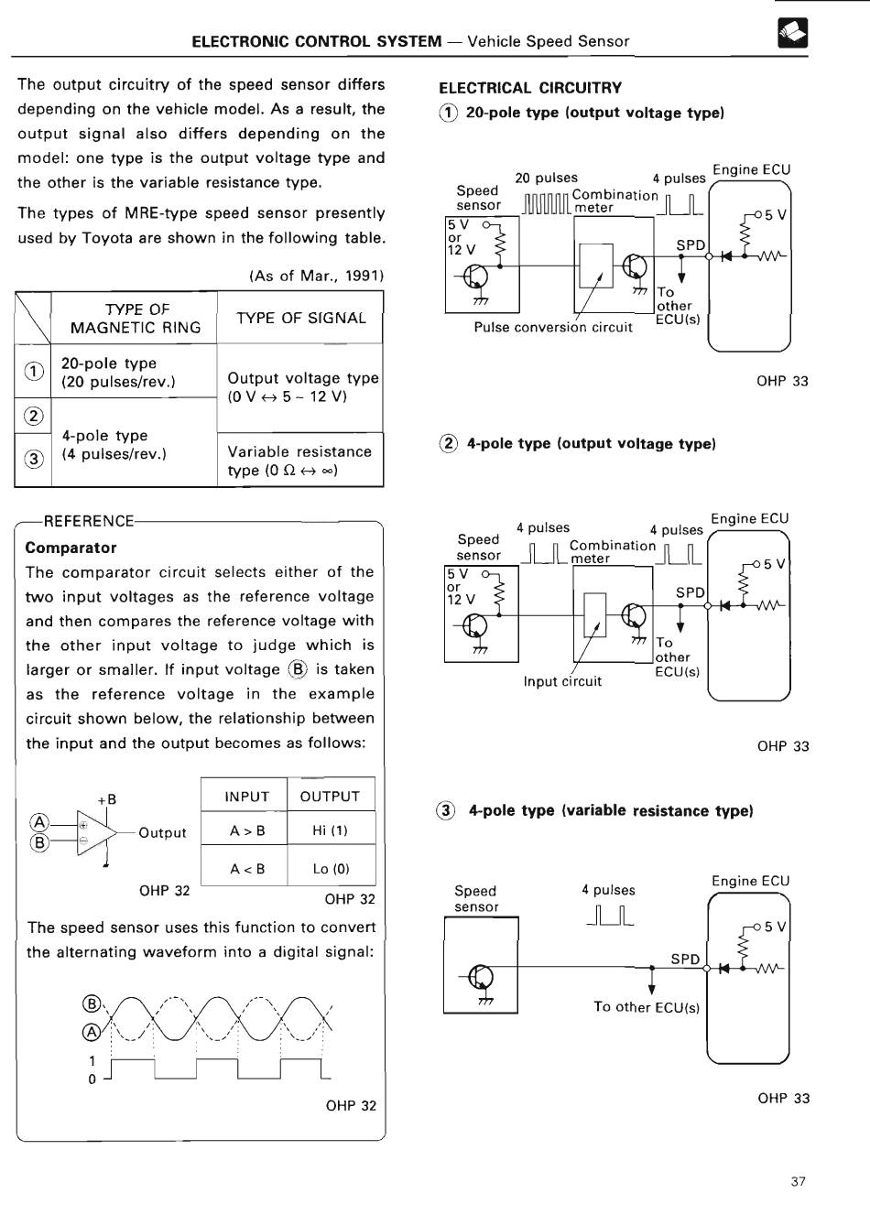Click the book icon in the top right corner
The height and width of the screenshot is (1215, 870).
coord(792,33)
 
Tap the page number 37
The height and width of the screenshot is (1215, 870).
coord(798,1181)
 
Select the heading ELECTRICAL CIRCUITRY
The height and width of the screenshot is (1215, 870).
coord(530,88)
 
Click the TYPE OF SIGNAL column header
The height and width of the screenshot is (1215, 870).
coord(301,318)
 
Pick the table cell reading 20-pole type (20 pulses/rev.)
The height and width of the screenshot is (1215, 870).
coord(118,372)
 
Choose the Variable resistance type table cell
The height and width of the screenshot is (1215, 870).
coord(299,461)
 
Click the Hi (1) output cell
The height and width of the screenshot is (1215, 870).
coord(330,830)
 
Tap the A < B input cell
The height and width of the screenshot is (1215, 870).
coord(247,869)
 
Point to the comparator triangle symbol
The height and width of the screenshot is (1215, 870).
coord(96,832)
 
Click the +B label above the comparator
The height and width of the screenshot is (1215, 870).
coord(107,799)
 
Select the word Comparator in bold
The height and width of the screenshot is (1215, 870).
coord(71,548)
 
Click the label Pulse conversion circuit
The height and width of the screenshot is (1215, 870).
coord(553,327)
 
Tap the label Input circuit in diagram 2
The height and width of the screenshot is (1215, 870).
coord(562,681)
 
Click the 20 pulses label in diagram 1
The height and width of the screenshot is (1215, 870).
coord(546,178)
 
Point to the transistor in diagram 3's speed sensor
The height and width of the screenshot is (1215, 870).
coord(480,977)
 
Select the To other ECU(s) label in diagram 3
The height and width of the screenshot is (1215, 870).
coord(647,1007)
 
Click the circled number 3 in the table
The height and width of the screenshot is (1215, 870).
coord(34,460)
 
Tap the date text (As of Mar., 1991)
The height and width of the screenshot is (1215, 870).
coord(316,276)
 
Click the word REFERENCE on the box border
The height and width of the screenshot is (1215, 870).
coord(89,521)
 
